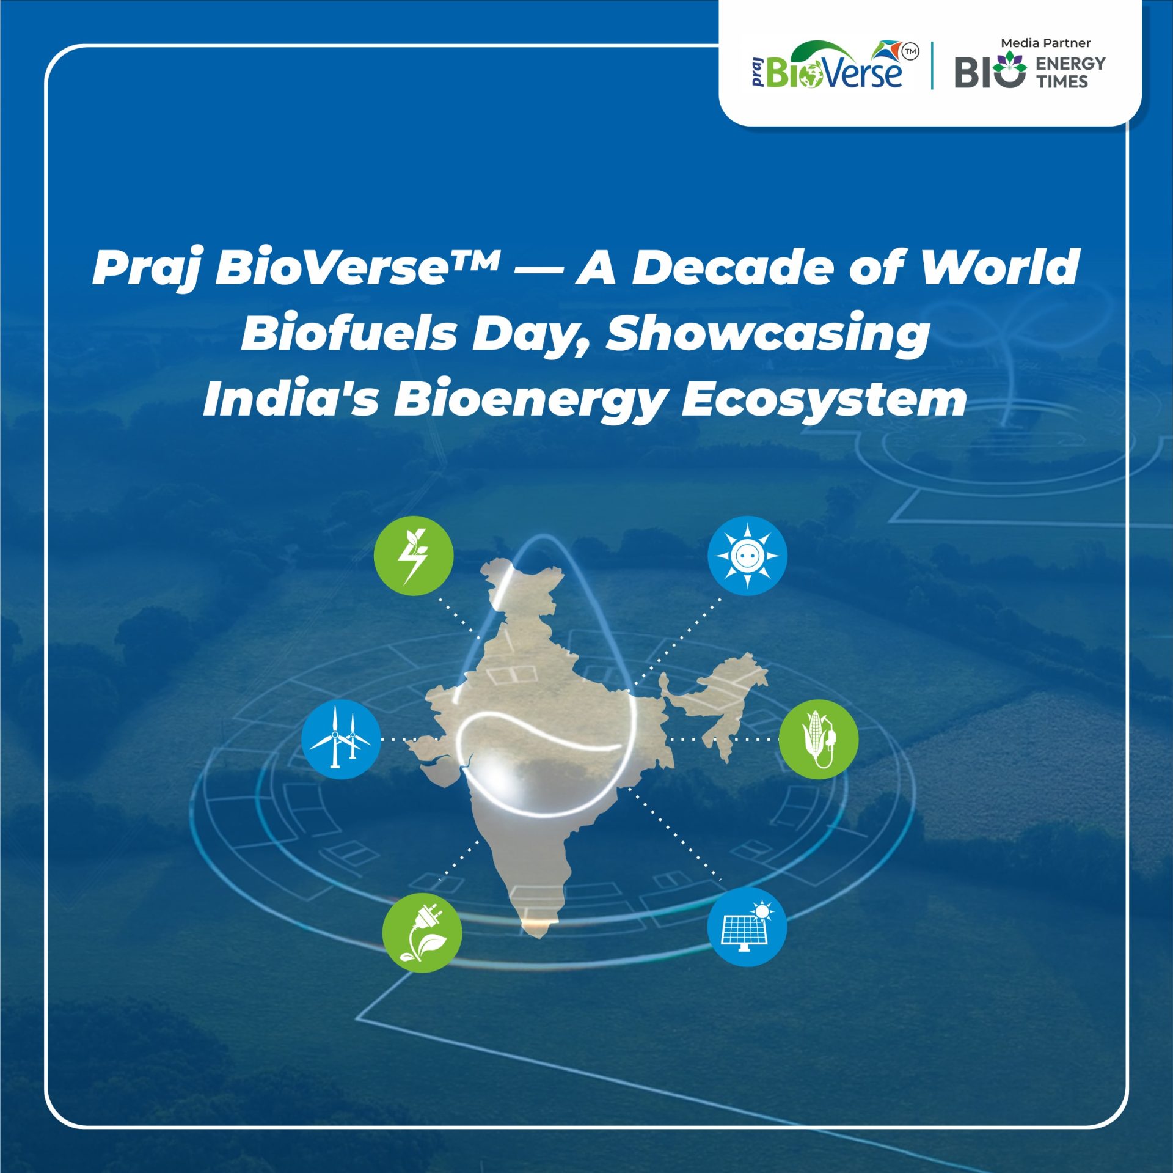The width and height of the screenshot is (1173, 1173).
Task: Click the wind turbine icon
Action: pyautogui.click(x=341, y=739)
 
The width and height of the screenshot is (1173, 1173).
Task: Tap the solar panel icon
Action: pyautogui.click(x=747, y=927)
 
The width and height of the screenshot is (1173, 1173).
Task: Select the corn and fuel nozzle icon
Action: pyautogui.click(x=819, y=739)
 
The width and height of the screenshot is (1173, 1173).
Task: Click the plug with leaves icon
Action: pyautogui.click(x=422, y=933)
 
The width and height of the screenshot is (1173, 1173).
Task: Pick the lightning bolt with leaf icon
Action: pyautogui.click(x=414, y=556)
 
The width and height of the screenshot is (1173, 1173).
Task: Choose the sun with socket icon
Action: pyautogui.click(x=747, y=556)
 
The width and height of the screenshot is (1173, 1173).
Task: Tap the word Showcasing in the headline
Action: pyautogui.click(x=767, y=334)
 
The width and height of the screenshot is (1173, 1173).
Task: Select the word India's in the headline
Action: pyautogui.click(x=290, y=400)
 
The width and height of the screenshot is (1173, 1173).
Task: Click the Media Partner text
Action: pyautogui.click(x=1045, y=43)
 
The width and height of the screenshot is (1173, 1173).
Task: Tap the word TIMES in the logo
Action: pyautogui.click(x=1062, y=81)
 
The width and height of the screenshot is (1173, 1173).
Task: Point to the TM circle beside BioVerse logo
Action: pyautogui.click(x=910, y=52)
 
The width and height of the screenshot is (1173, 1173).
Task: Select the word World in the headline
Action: pyautogui.click(x=1000, y=268)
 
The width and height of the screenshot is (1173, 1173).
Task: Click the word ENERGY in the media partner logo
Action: pyautogui.click(x=1070, y=64)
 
